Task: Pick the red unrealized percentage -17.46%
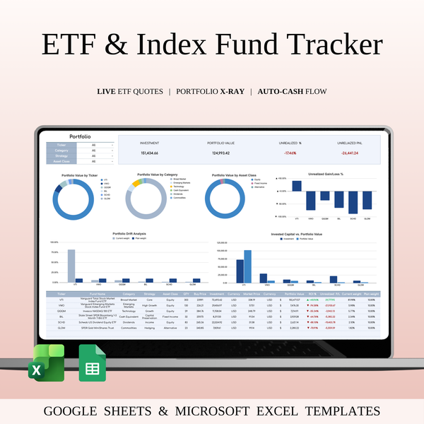pos(290,153)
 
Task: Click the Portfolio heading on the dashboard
pos(79,136)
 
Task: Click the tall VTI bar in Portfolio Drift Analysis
pos(71,265)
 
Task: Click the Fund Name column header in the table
pos(98,293)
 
